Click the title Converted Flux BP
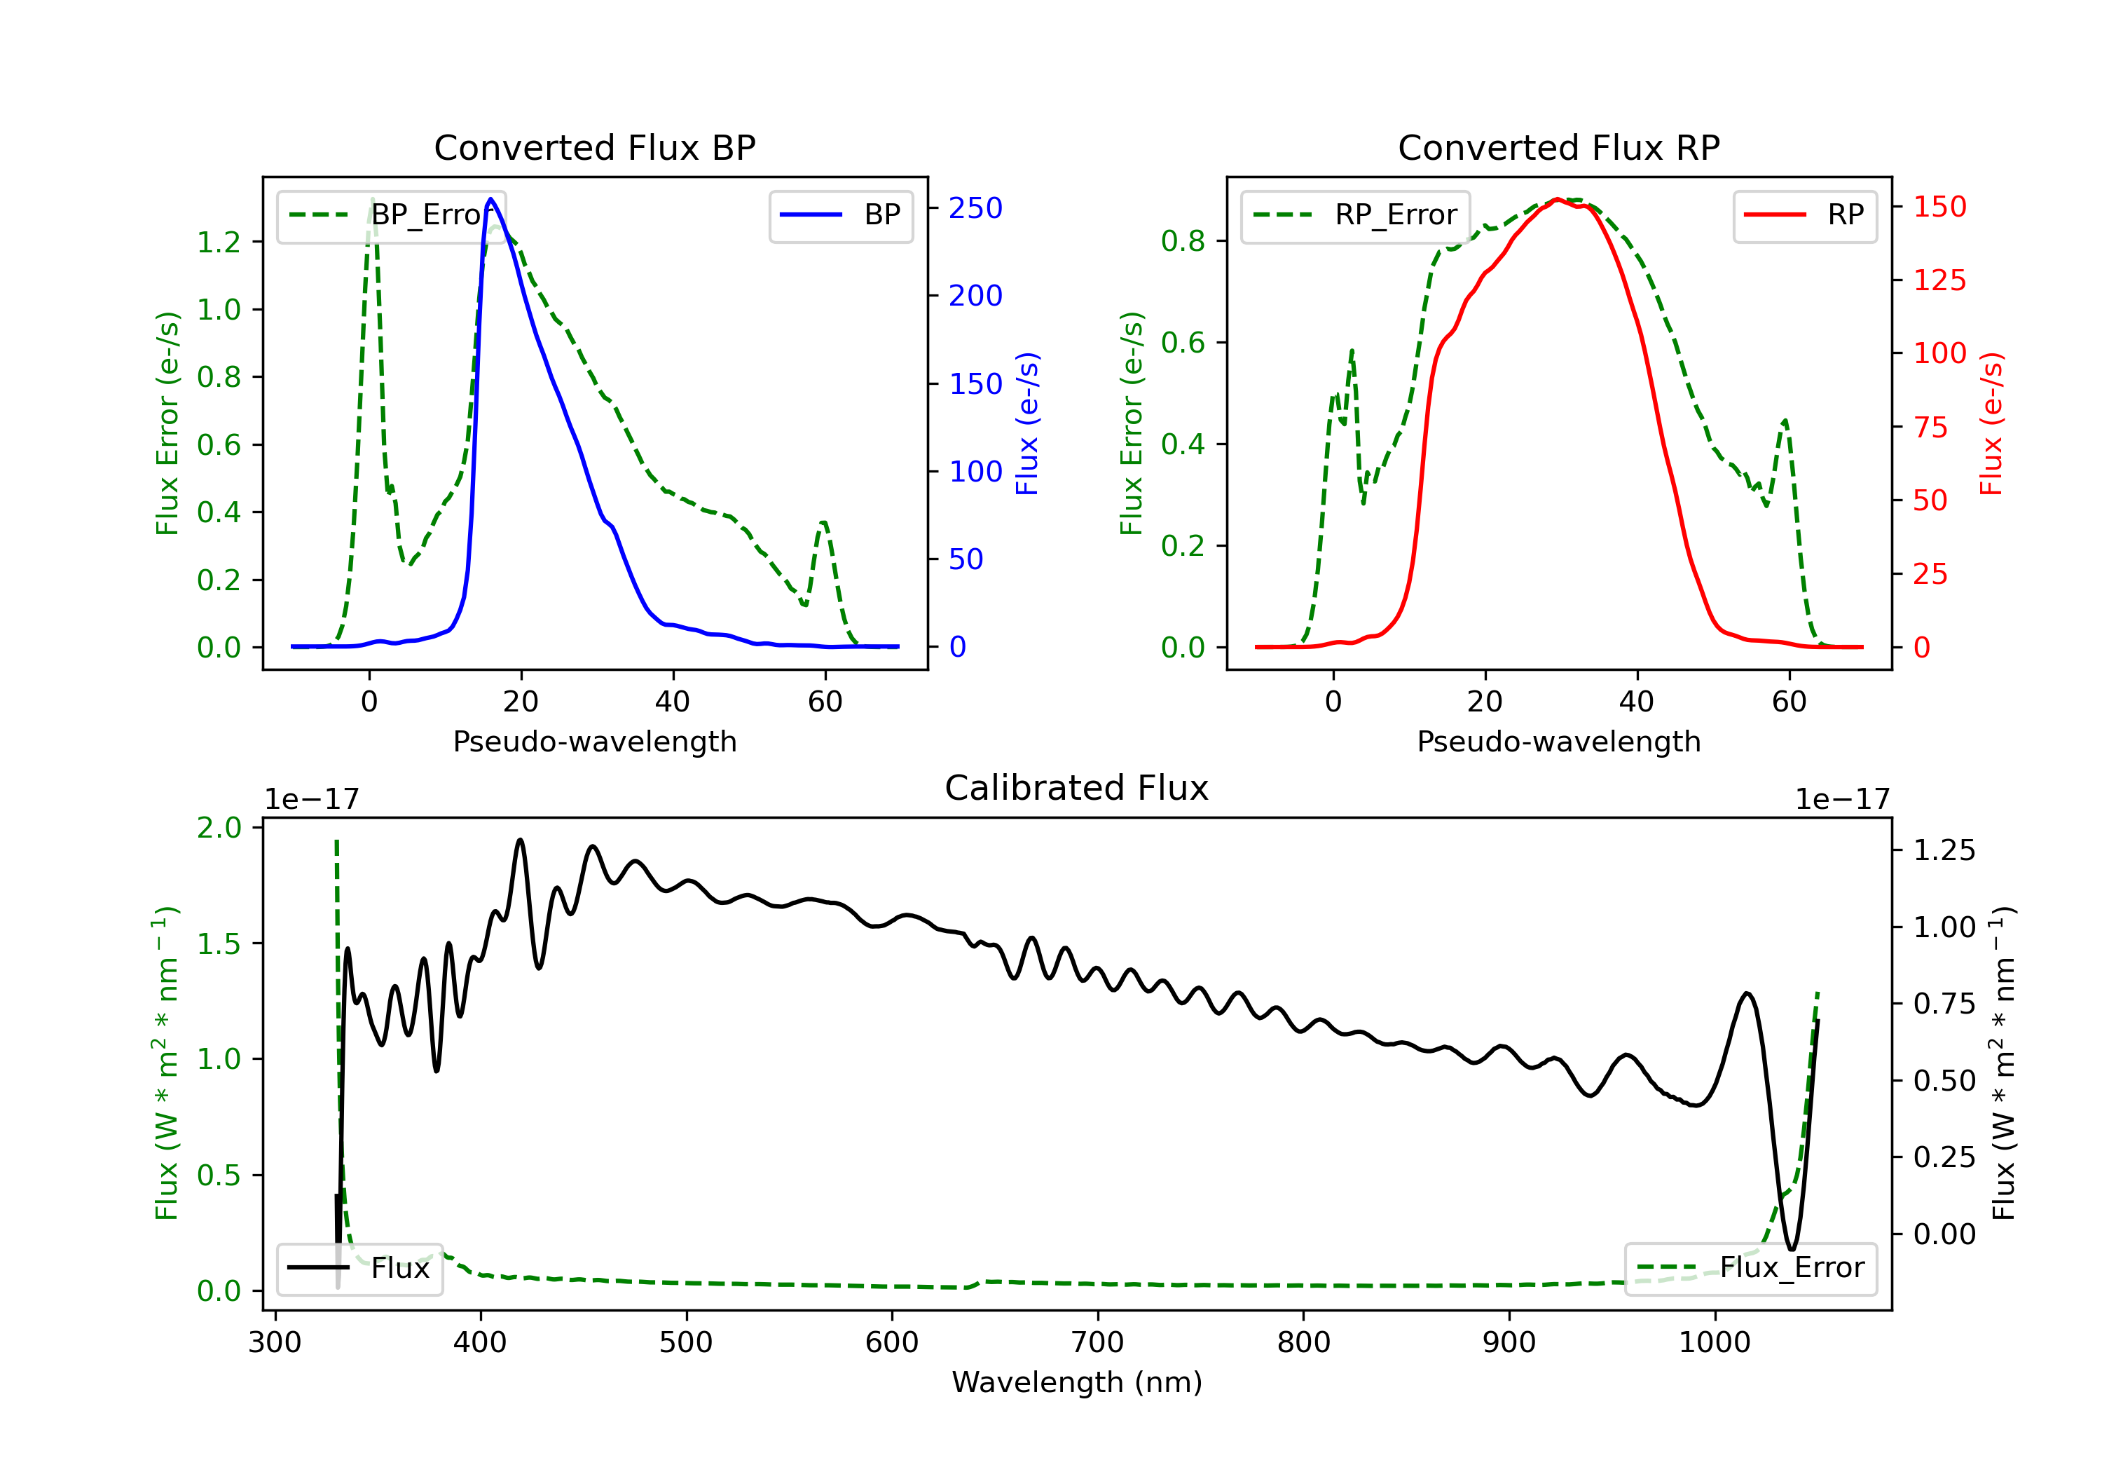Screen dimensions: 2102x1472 click(x=594, y=147)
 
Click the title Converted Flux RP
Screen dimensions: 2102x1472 click(x=1558, y=147)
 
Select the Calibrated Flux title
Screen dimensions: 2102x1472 click(x=1077, y=788)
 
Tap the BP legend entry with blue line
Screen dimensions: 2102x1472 click(x=840, y=215)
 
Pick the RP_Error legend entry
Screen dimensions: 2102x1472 click(x=1355, y=215)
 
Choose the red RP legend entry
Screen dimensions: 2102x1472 click(x=1804, y=215)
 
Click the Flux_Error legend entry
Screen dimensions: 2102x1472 click(x=1750, y=1268)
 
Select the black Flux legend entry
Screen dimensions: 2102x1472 click(x=359, y=1268)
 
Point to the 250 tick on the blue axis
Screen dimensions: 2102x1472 click(x=975, y=208)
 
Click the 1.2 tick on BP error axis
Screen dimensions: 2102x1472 click(x=219, y=242)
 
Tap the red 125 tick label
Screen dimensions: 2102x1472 click(x=1939, y=280)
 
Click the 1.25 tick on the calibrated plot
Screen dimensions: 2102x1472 click(x=1944, y=850)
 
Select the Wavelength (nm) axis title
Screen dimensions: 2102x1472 click(x=1077, y=1382)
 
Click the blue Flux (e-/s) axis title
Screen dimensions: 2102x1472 click(x=1027, y=423)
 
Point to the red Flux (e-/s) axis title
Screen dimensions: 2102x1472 click(x=1991, y=423)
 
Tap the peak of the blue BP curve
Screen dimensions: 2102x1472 click(x=490, y=199)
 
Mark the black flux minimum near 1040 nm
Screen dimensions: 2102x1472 click(x=1792, y=1248)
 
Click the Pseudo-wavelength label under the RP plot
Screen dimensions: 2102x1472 click(x=1558, y=741)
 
